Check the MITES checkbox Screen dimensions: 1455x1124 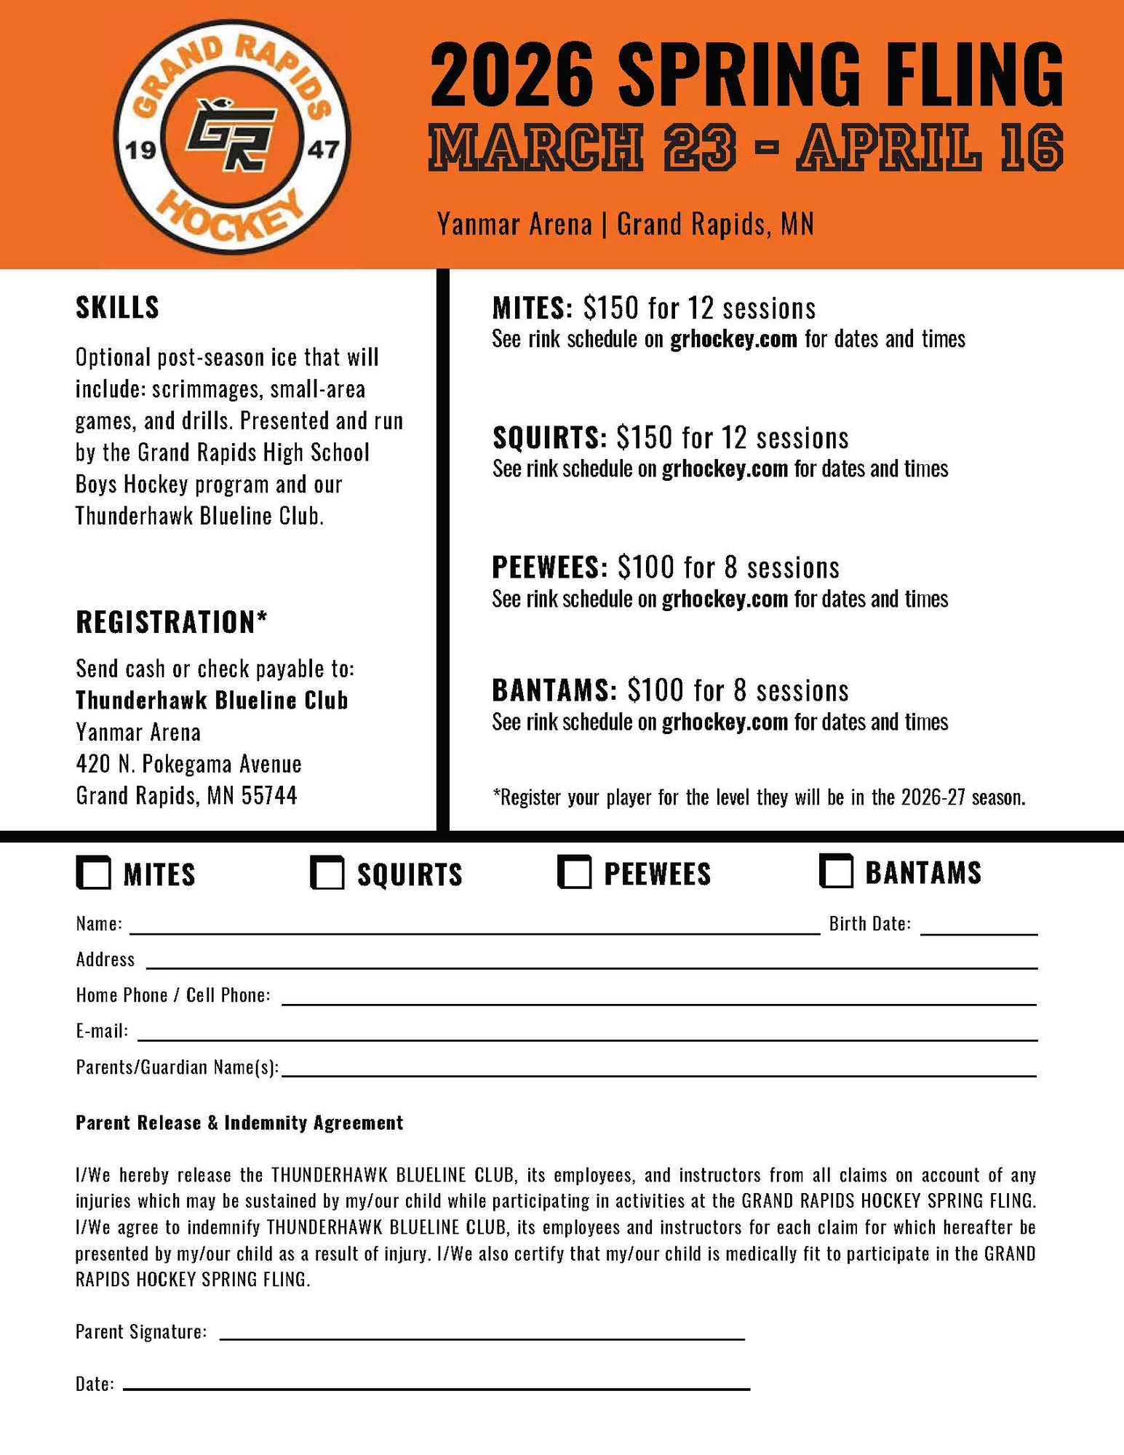click(93, 872)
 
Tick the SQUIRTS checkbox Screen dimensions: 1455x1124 click(327, 872)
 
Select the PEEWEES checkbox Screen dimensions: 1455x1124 click(574, 872)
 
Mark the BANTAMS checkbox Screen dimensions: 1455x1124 click(836, 871)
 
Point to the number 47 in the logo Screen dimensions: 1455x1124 click(323, 151)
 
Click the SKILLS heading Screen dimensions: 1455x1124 click(117, 308)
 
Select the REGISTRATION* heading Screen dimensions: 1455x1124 click(172, 622)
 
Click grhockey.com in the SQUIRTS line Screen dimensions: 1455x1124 click(725, 469)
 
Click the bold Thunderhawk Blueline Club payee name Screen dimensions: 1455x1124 click(212, 700)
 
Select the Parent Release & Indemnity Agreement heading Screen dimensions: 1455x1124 click(239, 1123)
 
